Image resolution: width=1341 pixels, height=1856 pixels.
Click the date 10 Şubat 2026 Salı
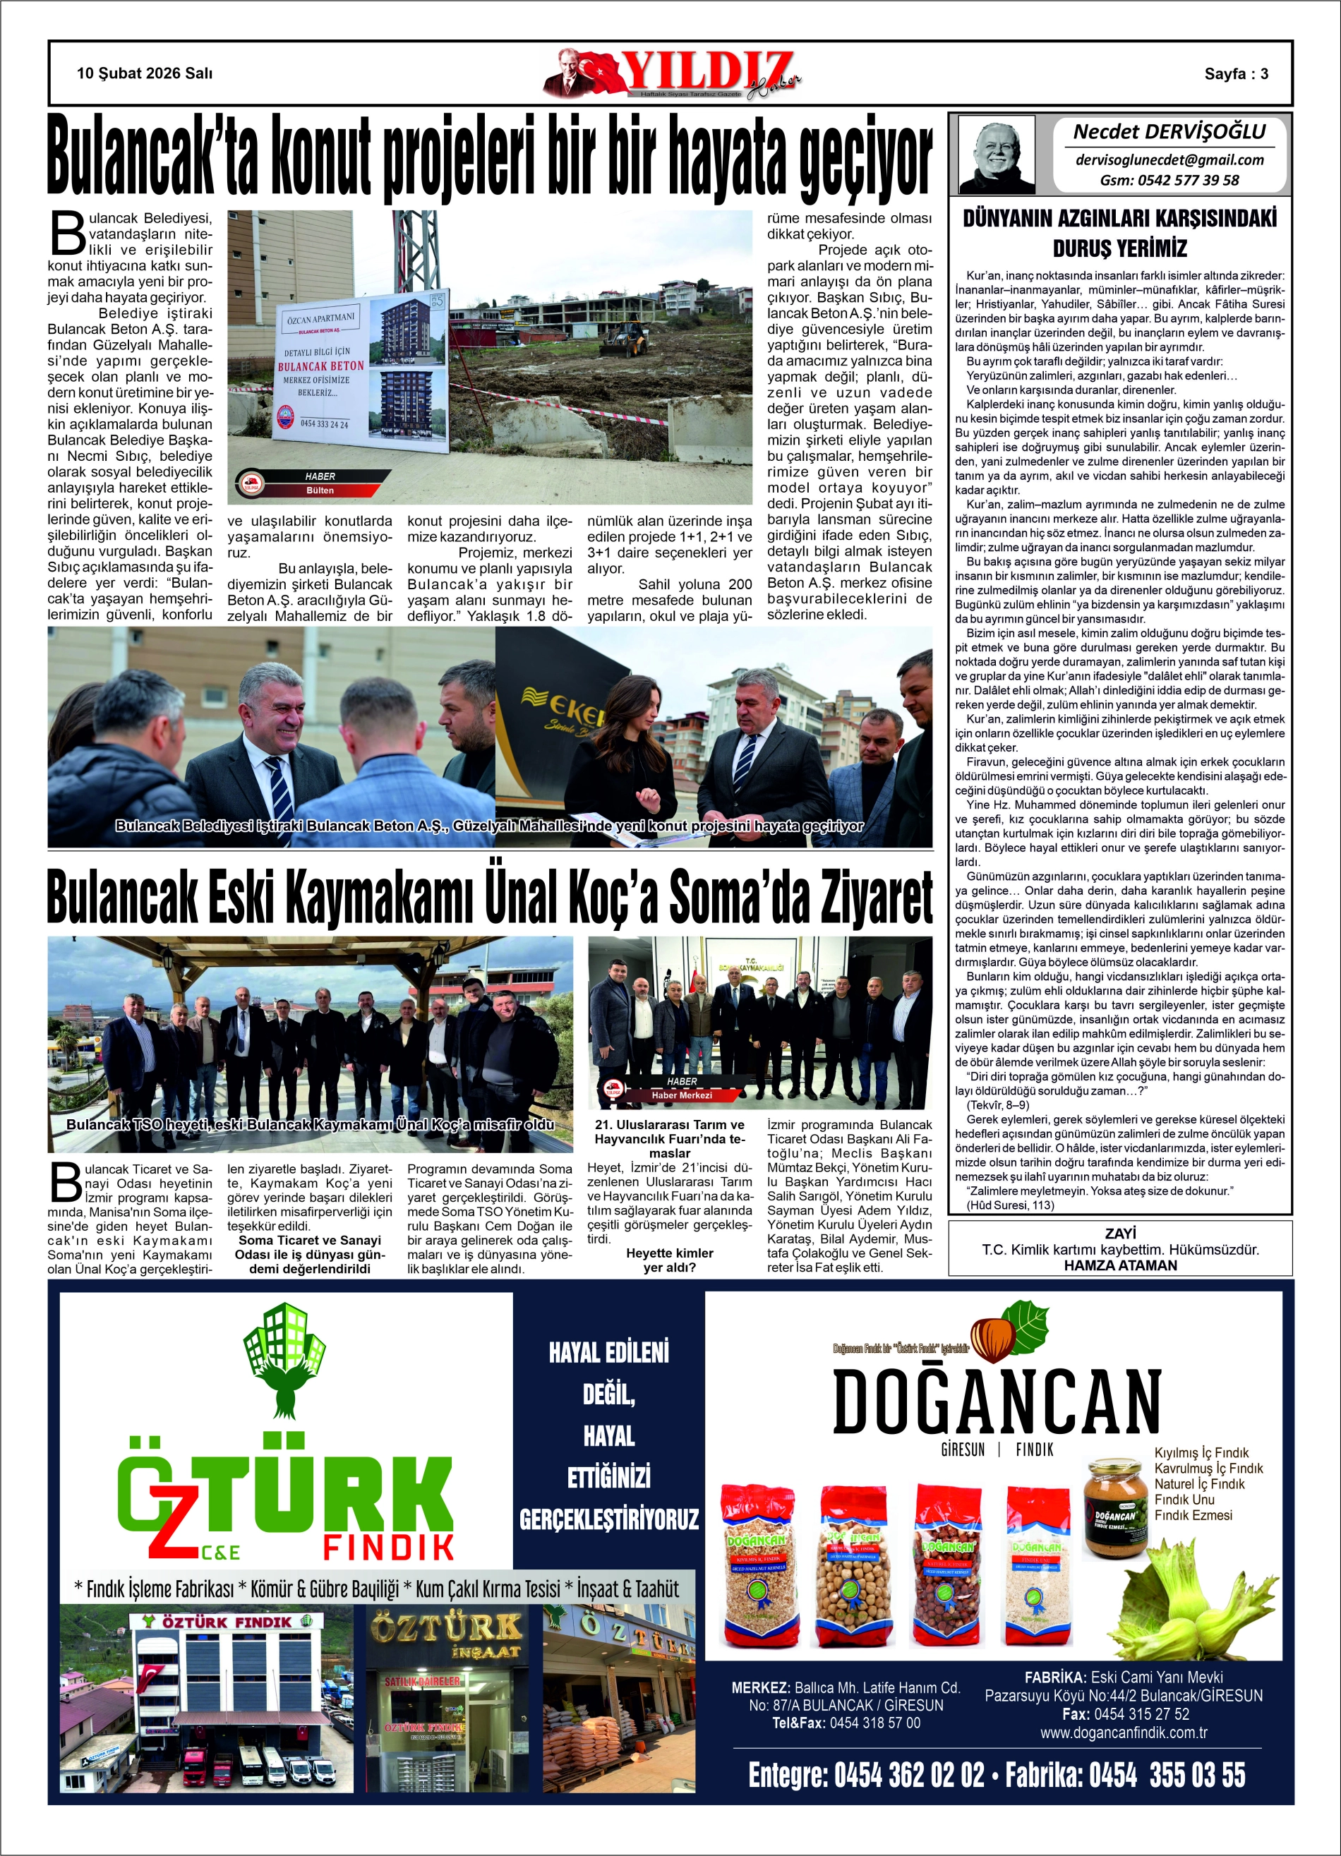(x=144, y=73)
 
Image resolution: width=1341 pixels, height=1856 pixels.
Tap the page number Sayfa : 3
(x=1235, y=73)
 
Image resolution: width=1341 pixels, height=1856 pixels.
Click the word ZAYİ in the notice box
(x=1120, y=1234)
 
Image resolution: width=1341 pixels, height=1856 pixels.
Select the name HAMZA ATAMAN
(x=1120, y=1265)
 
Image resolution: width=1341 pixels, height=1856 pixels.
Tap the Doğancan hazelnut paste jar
(x=1116, y=1507)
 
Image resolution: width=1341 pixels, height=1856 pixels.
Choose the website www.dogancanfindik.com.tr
(x=1123, y=1733)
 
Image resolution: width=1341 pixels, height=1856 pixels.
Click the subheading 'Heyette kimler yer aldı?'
(x=670, y=1260)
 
